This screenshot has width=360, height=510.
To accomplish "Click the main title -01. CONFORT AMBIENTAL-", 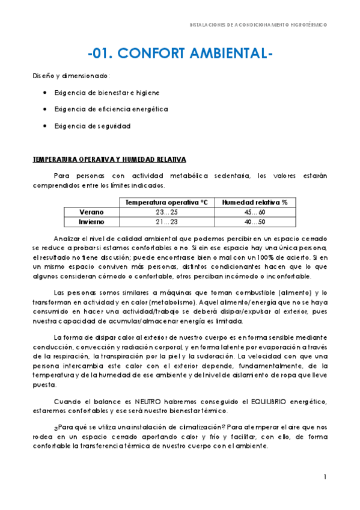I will (x=180, y=54).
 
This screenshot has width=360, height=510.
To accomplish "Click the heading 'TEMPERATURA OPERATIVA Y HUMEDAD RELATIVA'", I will (x=109, y=159).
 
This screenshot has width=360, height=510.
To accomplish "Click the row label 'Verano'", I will (x=91, y=212).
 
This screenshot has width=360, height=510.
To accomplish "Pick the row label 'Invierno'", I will (x=91, y=222).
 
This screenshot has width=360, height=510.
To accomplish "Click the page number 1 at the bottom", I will (x=325, y=477).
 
